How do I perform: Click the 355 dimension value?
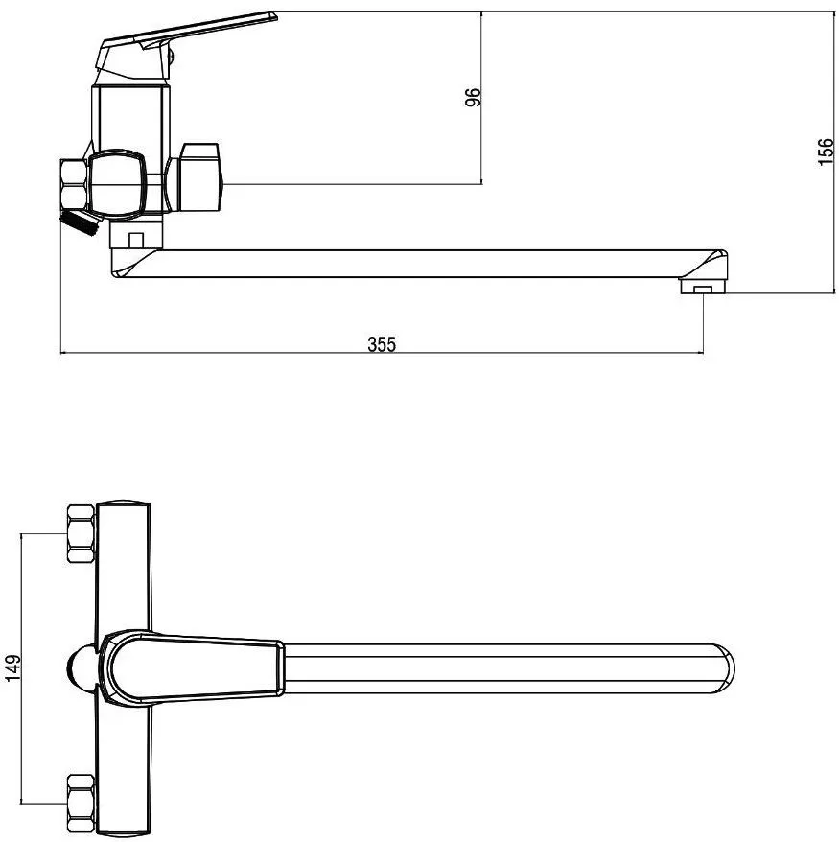click(x=382, y=344)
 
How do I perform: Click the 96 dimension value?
click(x=473, y=97)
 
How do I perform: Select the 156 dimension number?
click(x=827, y=152)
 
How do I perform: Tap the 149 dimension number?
click(x=12, y=667)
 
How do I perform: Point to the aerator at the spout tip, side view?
click(x=703, y=286)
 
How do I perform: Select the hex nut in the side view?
click(x=74, y=184)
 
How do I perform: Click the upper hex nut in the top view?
click(x=82, y=533)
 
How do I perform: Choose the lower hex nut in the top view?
click(x=82, y=804)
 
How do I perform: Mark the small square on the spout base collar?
click(x=136, y=240)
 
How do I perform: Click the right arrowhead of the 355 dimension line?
click(x=698, y=353)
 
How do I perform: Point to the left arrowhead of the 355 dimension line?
click(x=65, y=353)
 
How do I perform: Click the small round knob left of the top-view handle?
click(x=83, y=668)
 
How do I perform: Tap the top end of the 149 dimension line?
click(x=21, y=534)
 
